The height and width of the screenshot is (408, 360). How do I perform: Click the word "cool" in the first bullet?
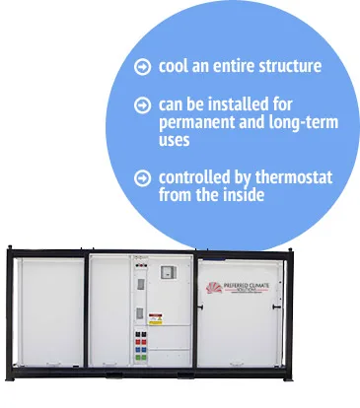point(173,67)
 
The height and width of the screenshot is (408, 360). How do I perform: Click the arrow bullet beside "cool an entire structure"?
point(144,67)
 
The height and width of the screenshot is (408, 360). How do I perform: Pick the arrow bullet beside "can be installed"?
point(144,104)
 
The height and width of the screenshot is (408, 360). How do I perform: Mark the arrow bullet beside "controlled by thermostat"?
point(144,178)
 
